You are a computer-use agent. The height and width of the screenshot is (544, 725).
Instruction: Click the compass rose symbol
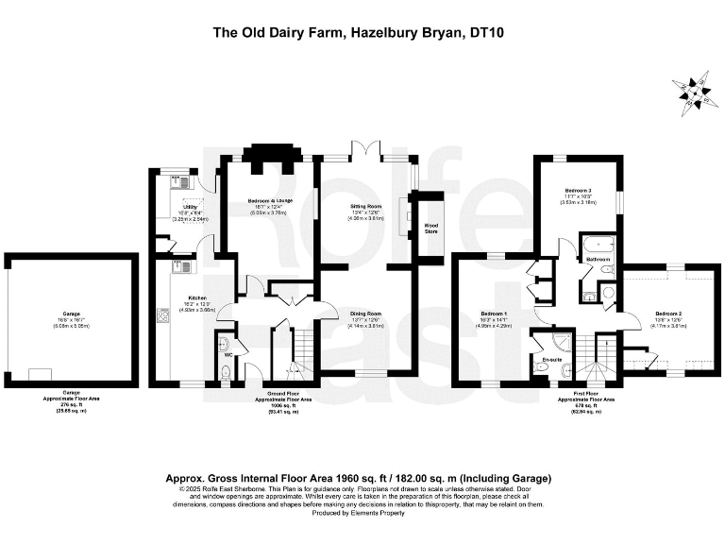[x=694, y=91]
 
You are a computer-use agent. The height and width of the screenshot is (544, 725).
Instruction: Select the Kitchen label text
[x=184, y=298]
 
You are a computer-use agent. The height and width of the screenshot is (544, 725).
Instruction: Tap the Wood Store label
[x=430, y=226]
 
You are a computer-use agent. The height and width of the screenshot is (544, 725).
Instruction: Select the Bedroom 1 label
[x=494, y=314]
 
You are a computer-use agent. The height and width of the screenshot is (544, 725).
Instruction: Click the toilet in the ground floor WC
[x=225, y=345]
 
